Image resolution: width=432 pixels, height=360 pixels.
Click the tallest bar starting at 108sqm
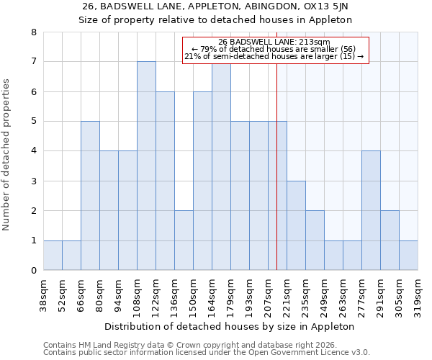(146, 166)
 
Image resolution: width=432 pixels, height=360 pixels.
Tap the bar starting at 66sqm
(90, 195)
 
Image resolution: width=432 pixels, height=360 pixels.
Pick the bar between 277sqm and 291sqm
(371, 210)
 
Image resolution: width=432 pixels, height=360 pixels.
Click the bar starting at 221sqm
(296, 225)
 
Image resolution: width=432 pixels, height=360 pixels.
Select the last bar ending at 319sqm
(408, 255)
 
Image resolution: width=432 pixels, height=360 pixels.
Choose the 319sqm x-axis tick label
(418, 297)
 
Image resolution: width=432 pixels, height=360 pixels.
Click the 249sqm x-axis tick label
(325, 297)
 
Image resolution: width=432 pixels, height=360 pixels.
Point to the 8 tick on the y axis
(33, 32)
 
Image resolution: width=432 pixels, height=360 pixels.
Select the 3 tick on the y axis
(33, 181)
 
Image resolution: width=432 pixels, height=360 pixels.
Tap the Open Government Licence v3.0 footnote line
(207, 353)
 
